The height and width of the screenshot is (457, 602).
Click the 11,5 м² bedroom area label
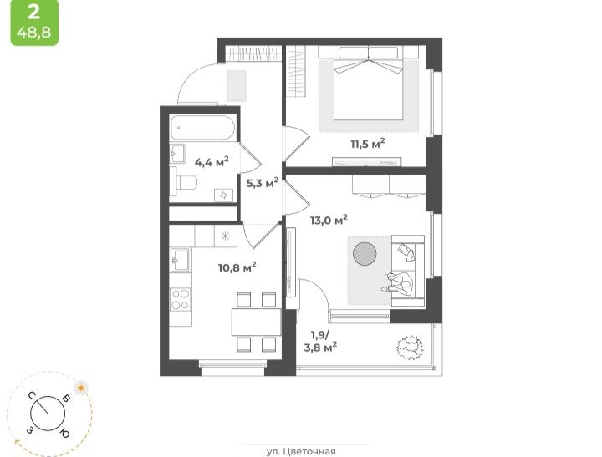tap(367, 144)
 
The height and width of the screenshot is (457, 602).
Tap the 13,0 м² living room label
tap(329, 221)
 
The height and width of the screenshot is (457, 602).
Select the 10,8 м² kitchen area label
tap(237, 267)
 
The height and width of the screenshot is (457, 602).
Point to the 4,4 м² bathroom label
tap(212, 162)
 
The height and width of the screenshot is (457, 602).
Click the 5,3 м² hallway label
tap(263, 183)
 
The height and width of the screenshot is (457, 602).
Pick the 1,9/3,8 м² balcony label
tap(320, 341)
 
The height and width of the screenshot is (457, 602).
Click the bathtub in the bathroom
tap(202, 128)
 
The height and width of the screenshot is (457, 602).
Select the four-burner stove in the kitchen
tap(181, 299)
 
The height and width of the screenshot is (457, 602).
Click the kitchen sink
tap(180, 260)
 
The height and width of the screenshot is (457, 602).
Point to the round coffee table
tap(365, 253)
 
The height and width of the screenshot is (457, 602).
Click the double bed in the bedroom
tap(368, 84)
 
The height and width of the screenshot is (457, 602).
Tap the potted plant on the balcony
tap(410, 348)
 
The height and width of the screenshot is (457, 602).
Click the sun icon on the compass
tap(80, 388)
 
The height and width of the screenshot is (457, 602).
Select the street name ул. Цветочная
tap(301, 452)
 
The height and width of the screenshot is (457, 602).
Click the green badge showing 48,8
tap(34, 23)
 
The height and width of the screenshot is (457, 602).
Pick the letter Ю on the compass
tap(64, 433)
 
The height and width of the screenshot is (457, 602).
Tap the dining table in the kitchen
tap(256, 322)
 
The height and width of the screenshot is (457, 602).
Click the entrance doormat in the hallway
tap(236, 85)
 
